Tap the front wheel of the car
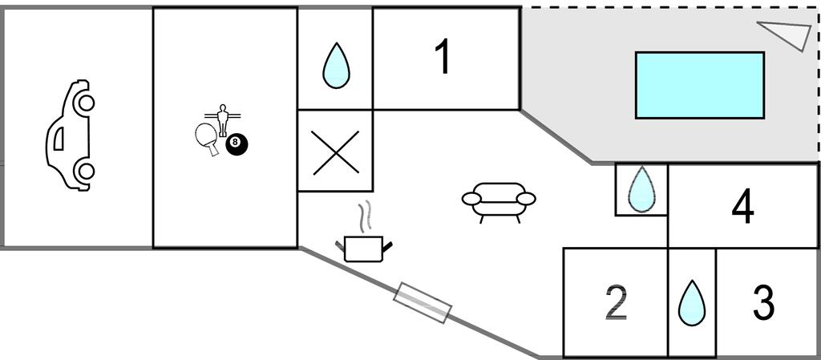coord(85,102)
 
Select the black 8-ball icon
coord(237,144)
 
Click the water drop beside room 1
coord(336,65)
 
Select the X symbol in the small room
coord(335,152)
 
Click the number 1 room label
coord(443,58)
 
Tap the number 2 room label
coord(615,303)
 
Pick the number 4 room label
coord(743,208)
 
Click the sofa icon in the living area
coord(499,200)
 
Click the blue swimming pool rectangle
coord(699,85)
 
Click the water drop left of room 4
coord(641,190)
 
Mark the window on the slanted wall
coord(423,302)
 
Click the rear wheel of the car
coord(84,171)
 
